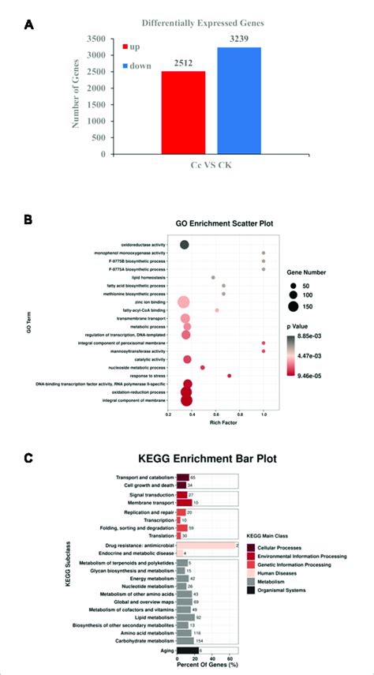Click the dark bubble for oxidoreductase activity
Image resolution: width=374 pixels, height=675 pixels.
click(185, 245)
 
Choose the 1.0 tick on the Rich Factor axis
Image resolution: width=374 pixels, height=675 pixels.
click(263, 413)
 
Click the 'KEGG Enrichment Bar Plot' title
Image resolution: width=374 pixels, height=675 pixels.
click(220, 457)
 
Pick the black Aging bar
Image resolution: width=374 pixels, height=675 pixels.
click(187, 651)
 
